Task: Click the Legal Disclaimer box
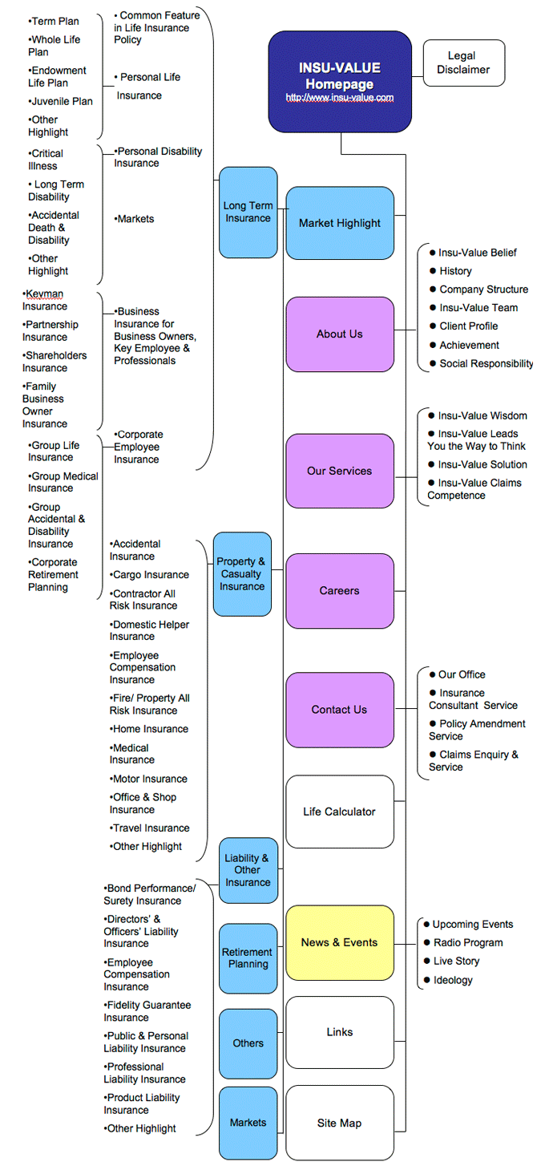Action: point(464,63)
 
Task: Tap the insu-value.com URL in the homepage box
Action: point(340,97)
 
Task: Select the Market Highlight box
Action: point(340,223)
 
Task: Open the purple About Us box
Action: point(340,334)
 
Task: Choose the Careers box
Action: point(340,591)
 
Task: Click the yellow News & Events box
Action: point(340,942)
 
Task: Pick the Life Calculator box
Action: point(340,812)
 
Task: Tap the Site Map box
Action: point(340,1123)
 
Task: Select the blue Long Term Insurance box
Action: point(248,212)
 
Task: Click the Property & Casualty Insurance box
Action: point(242,574)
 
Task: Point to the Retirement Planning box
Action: point(248,957)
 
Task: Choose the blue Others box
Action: point(248,1043)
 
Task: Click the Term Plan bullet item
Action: point(54,21)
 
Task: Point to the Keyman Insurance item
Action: point(45,300)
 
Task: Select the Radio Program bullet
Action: point(468,942)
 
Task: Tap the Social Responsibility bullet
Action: point(486,363)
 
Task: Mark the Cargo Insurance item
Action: point(150,575)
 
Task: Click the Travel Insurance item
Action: point(150,828)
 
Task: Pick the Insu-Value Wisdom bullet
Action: point(482,415)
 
